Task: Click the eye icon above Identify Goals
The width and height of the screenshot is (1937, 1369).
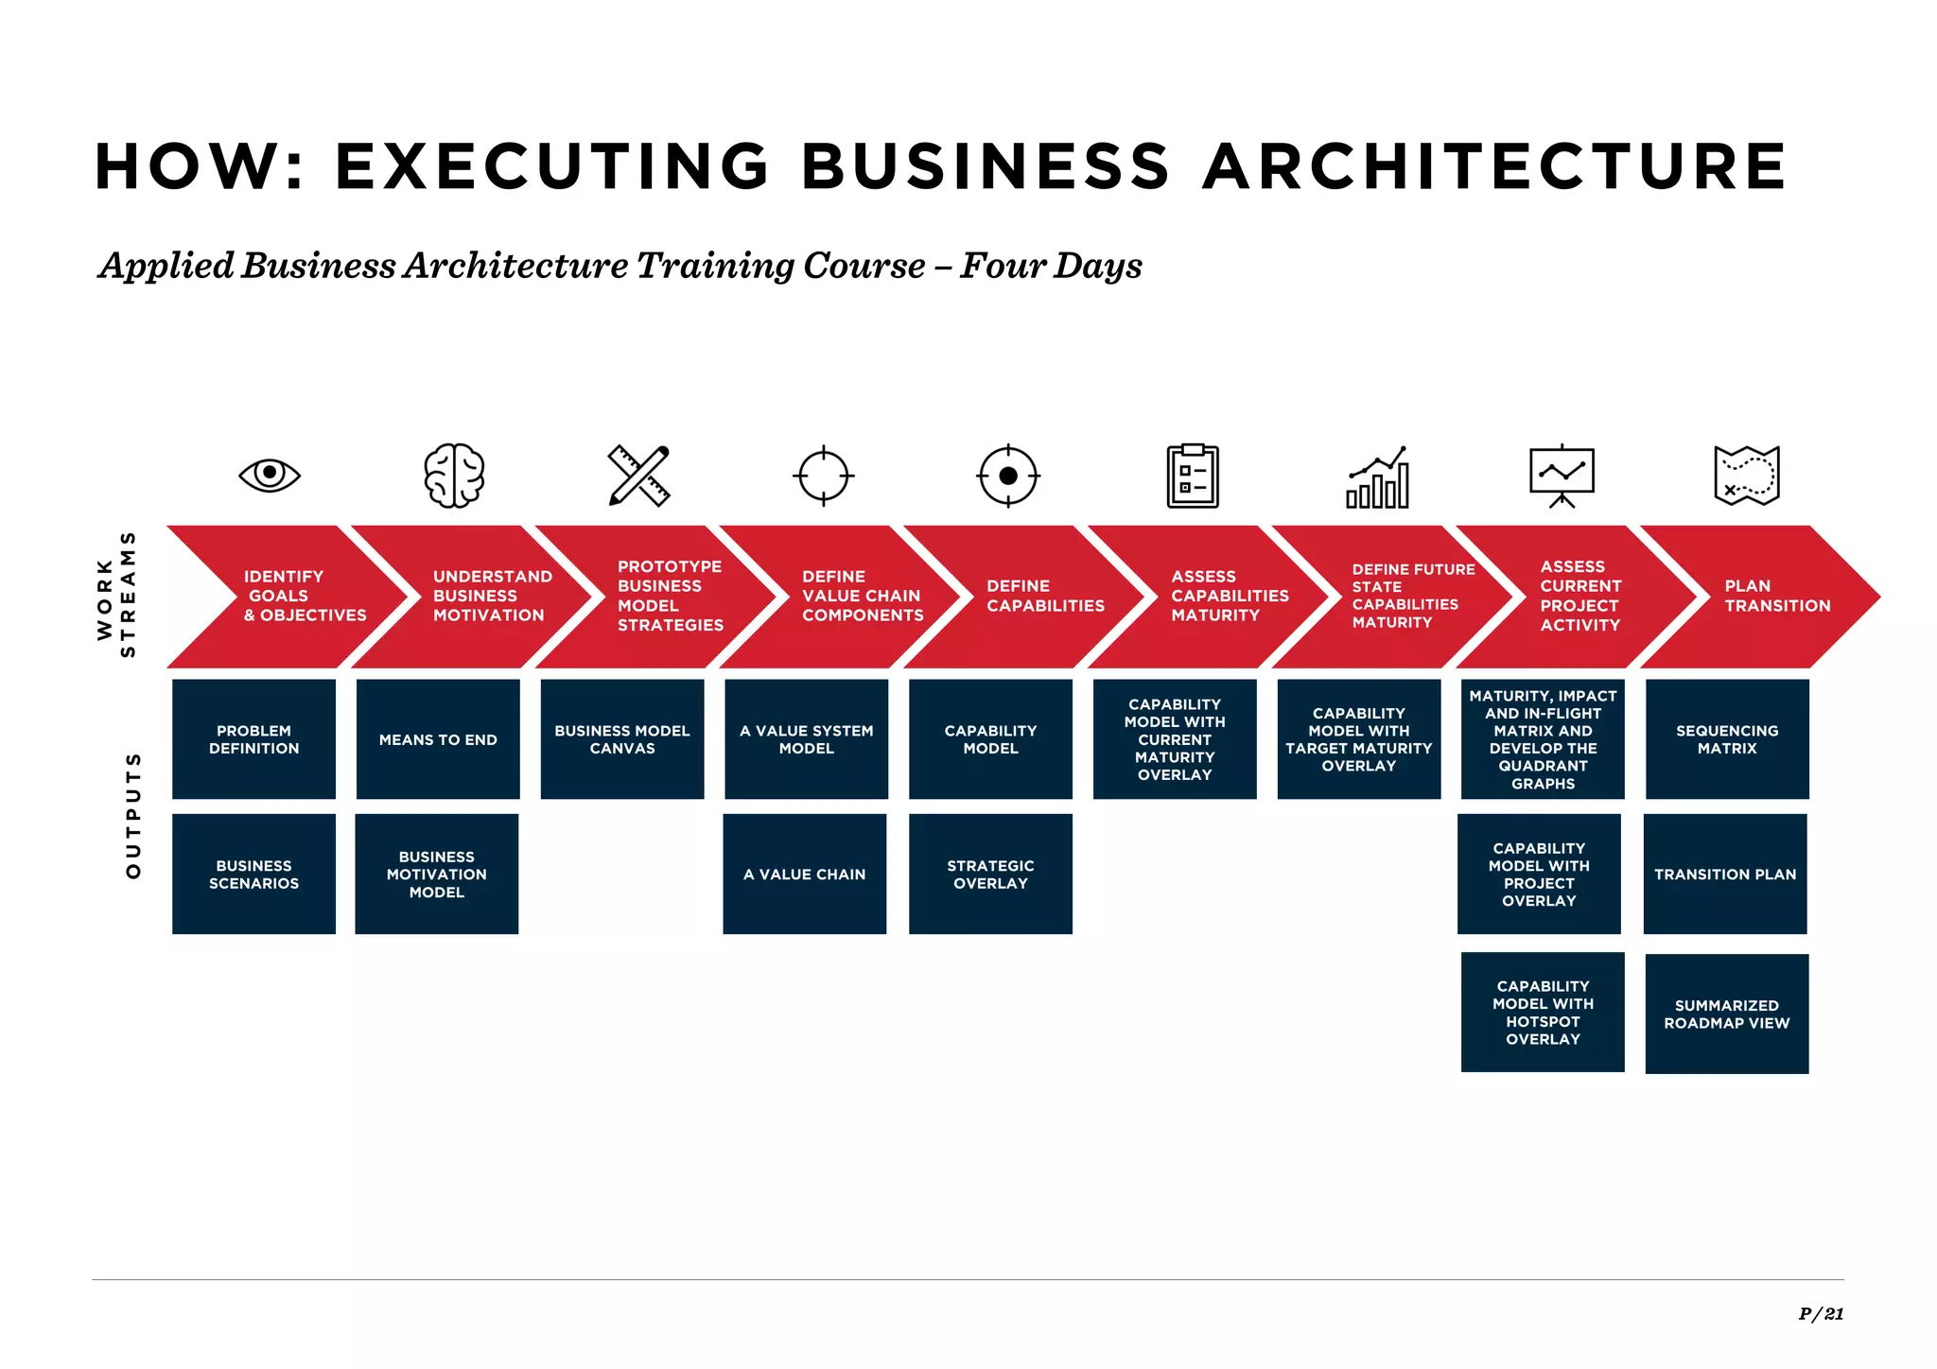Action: [x=270, y=474]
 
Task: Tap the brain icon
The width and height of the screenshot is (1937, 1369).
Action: [x=454, y=475]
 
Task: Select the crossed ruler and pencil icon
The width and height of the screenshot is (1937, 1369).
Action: [x=638, y=475]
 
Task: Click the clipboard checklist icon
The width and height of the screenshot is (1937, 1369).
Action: [x=1193, y=476]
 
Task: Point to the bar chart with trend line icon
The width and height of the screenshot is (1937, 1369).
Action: [x=1378, y=477]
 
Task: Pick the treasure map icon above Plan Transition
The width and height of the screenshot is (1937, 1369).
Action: [x=1746, y=475]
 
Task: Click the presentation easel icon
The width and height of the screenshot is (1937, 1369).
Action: [x=1562, y=475]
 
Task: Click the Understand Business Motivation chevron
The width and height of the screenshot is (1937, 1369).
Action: [x=482, y=597]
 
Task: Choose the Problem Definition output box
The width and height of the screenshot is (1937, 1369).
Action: [x=253, y=739]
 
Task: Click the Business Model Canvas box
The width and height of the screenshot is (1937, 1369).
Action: [x=622, y=739]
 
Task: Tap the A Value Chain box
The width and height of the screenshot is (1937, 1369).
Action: [x=805, y=875]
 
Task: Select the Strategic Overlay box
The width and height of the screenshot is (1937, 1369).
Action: [x=990, y=875]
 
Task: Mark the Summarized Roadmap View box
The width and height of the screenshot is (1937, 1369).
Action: [x=1726, y=1014]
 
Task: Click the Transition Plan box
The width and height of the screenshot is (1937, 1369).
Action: [x=1725, y=875]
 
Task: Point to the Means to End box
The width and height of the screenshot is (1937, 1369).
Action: [x=438, y=739]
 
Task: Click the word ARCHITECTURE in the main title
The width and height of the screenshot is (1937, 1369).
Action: [x=1494, y=166]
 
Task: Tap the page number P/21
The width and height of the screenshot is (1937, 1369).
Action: [x=1821, y=1313]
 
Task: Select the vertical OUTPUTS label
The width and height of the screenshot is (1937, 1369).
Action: [x=133, y=815]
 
